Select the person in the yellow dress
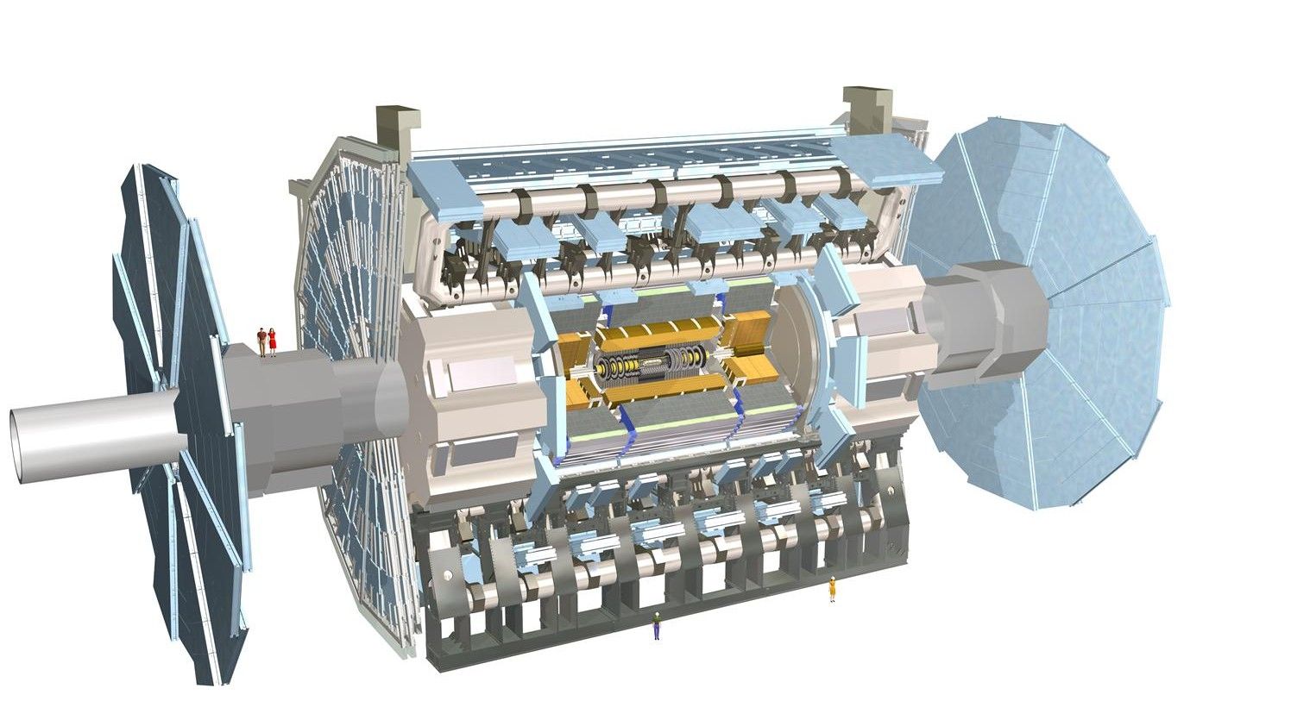coord(832,589)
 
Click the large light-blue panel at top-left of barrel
coord(444,190)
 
